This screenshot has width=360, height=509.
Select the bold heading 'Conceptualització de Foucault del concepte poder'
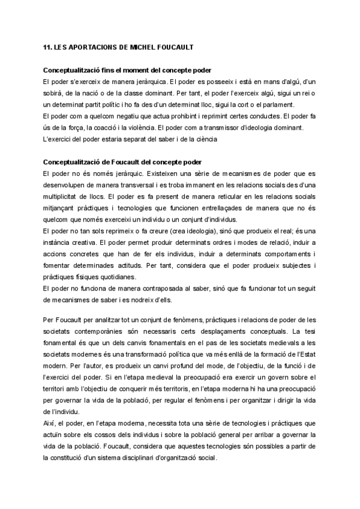click(122, 162)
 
